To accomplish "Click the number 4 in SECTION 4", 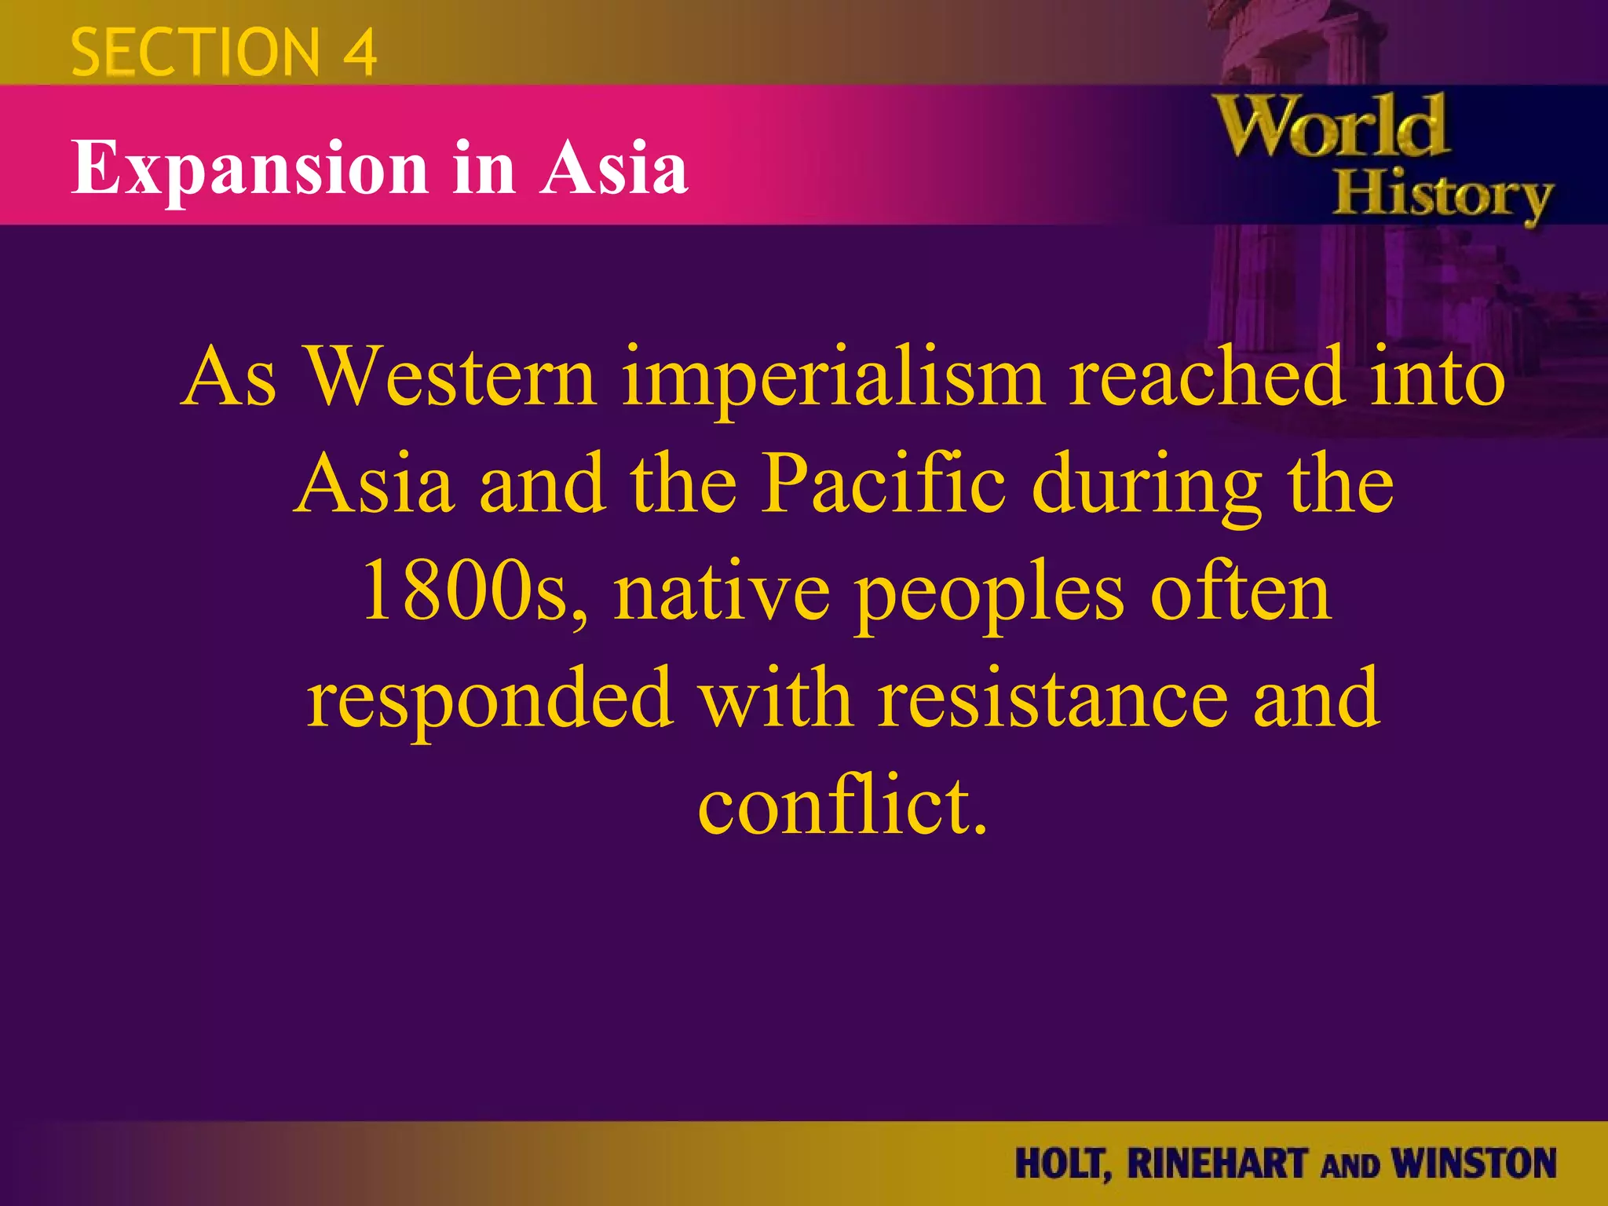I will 360,53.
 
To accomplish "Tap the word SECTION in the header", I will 196,53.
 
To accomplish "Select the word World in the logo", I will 1331,127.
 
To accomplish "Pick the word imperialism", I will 834,378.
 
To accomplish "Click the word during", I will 1147,487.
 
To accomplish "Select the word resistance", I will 1052,697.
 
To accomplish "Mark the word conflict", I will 842,804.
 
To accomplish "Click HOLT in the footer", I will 1062,1164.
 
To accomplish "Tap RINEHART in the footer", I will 1218,1163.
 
